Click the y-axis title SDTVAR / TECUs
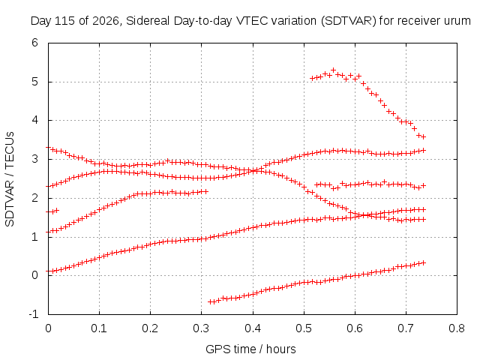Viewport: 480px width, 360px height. coord(10,179)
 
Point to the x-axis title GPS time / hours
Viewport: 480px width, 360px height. coord(250,349)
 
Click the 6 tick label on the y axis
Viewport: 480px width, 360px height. coord(34,43)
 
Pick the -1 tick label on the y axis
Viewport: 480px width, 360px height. coord(34,314)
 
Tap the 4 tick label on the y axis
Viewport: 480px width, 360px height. coord(34,120)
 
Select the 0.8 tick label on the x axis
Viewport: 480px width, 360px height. coord(457,328)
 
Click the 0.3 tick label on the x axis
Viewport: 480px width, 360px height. coord(201,328)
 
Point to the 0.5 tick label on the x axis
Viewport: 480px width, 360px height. coord(303,328)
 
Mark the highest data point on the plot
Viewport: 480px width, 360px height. coord(334,70)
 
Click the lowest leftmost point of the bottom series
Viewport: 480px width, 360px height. coord(210,301)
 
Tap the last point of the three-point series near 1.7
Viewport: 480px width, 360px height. coord(57,210)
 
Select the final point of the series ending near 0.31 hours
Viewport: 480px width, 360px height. coord(205,192)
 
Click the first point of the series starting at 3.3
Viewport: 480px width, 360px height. coord(48,148)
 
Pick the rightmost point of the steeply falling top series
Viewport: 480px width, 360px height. coord(424,136)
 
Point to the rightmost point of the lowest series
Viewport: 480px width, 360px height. coord(424,262)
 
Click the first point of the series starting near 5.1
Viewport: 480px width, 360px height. coord(312,78)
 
